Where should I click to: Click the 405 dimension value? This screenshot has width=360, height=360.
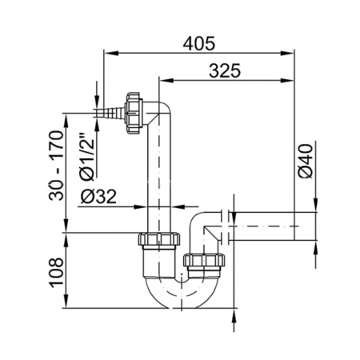[199, 43]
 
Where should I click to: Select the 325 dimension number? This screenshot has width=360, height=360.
[225, 71]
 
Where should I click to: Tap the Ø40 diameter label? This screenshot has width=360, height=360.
[306, 161]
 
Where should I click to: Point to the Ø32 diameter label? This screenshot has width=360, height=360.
[98, 197]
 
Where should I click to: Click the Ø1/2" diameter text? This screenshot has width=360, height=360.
[87, 156]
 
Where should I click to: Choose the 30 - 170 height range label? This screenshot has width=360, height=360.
[56, 166]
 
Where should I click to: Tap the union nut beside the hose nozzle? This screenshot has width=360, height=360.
[134, 113]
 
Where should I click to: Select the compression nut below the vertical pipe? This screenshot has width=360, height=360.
[159, 239]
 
